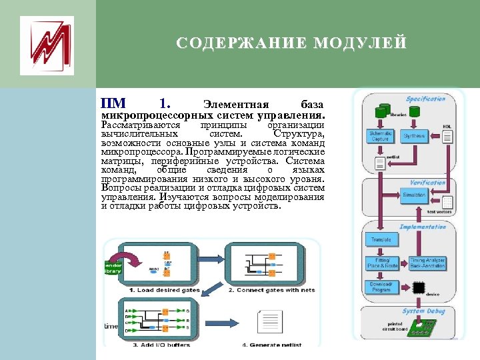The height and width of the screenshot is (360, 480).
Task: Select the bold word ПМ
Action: coord(112,103)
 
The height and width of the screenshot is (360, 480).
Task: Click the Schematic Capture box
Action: coord(381,136)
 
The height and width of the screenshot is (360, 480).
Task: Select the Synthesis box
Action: coord(414,136)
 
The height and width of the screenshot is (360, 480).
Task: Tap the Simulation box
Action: coord(415,195)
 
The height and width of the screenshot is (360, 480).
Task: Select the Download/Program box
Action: coord(380,287)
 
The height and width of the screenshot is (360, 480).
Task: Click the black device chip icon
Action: coord(419,288)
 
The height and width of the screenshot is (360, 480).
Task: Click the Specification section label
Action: coord(426,99)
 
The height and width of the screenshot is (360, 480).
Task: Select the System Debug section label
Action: coord(423,311)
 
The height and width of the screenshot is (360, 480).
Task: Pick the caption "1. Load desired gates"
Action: coord(157,290)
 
